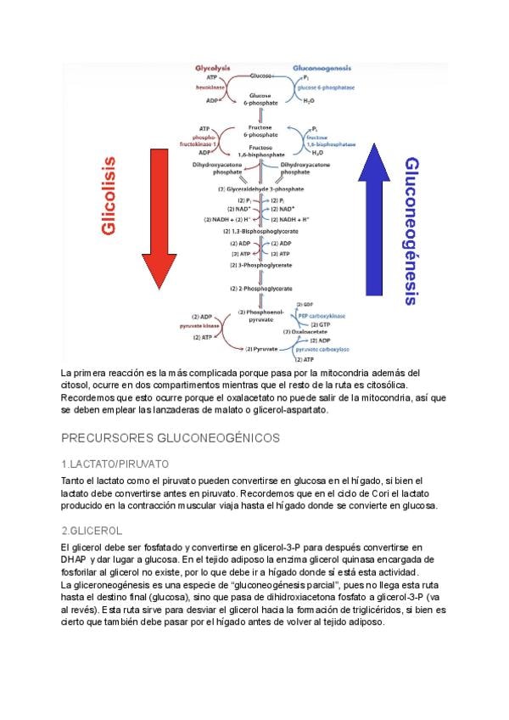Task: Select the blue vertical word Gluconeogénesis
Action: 411,230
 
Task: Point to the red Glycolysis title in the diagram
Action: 213,67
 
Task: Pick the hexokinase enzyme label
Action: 209,87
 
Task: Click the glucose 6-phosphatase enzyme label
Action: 326,87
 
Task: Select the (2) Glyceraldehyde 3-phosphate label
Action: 260,188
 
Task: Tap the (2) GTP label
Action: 320,323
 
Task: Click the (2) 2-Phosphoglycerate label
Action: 260,289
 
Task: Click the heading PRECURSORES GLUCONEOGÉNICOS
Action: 171,438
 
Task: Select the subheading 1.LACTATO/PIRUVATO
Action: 115,464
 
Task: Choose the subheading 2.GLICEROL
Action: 92,530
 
